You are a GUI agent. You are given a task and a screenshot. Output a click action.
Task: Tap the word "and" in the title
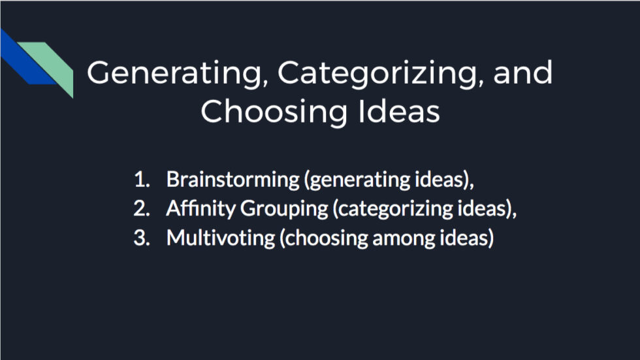point(523,73)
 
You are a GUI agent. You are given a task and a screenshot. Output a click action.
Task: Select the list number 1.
point(140,179)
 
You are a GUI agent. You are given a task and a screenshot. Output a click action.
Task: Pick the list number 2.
point(140,208)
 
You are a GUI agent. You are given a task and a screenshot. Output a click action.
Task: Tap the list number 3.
point(140,238)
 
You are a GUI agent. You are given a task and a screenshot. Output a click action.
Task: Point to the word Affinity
point(200,208)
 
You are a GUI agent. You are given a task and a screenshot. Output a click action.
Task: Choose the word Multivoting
point(221,238)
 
